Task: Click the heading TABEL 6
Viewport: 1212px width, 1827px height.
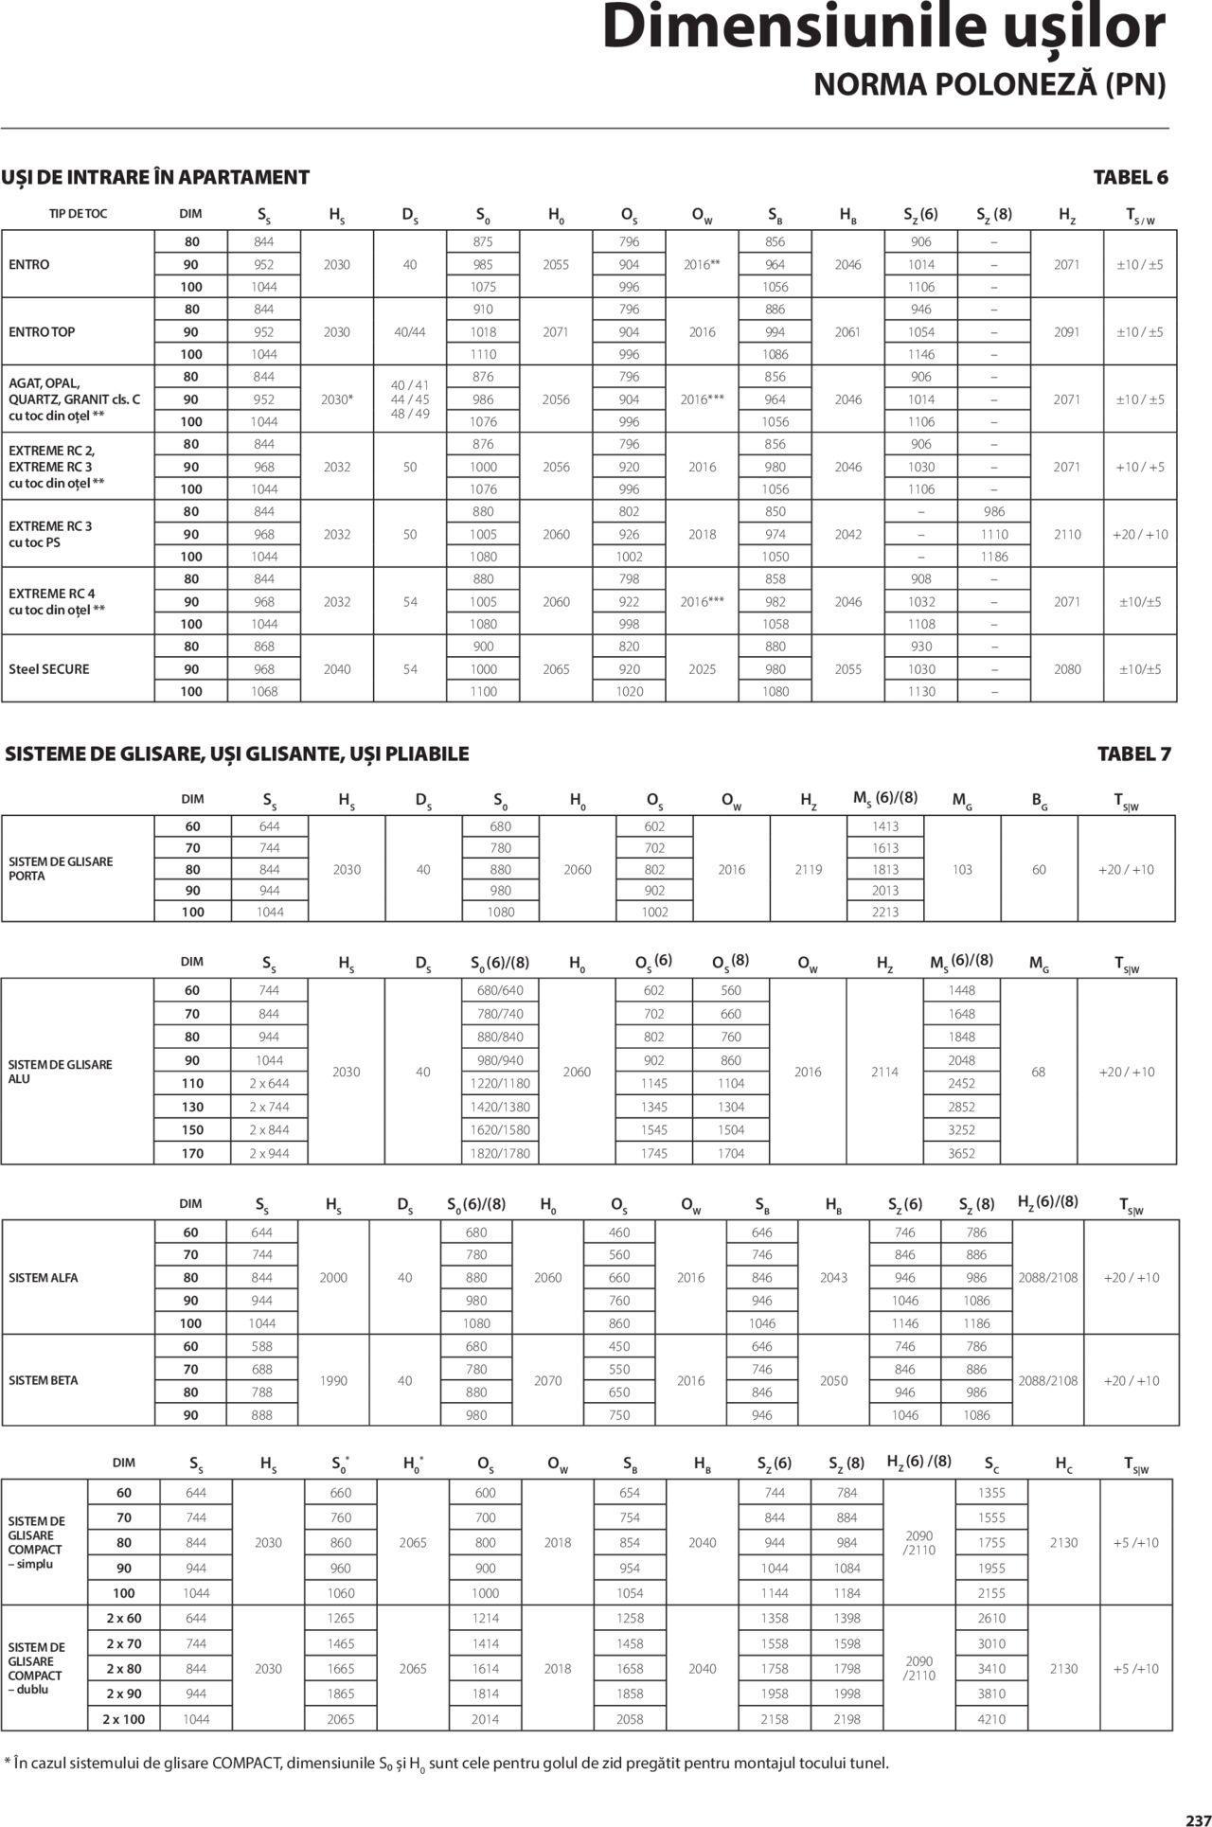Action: click(1131, 177)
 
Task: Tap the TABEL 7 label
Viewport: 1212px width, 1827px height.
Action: click(1133, 754)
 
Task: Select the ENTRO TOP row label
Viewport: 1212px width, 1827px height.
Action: click(42, 332)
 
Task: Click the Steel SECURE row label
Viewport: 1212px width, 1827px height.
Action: click(49, 669)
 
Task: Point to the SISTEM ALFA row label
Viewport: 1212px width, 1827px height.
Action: click(44, 1278)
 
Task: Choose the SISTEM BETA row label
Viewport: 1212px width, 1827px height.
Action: click(44, 1380)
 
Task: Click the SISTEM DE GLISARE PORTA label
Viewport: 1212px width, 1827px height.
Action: click(61, 868)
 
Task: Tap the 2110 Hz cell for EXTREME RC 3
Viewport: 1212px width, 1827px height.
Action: click(1067, 535)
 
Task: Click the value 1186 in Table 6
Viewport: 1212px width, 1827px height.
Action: click(994, 557)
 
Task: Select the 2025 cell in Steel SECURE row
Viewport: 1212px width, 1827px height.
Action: click(703, 669)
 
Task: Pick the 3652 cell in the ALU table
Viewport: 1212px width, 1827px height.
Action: click(961, 1153)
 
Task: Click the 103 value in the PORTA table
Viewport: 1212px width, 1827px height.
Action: click(962, 869)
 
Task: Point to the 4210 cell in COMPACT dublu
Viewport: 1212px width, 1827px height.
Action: click(991, 1718)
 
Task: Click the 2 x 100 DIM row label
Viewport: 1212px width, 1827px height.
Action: click(124, 1718)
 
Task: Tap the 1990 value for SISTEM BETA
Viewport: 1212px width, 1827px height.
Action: click(333, 1380)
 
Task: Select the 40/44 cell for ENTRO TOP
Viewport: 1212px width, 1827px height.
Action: click(410, 332)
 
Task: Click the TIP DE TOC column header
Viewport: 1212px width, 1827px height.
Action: click(79, 214)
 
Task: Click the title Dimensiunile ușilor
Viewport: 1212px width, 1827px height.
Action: click(883, 28)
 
